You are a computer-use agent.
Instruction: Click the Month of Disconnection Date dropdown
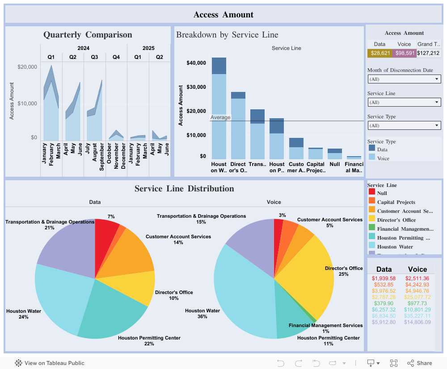pyautogui.click(x=404, y=79)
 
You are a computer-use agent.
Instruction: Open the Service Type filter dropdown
pyautogui.click(x=404, y=125)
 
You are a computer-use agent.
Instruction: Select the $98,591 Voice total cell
pyautogui.click(x=404, y=53)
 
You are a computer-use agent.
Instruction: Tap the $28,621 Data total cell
pyautogui.click(x=380, y=53)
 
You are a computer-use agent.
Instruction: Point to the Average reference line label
pyautogui.click(x=221, y=117)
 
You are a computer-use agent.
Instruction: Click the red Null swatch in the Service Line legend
pyautogui.click(x=372, y=192)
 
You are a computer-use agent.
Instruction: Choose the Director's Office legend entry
pyautogui.click(x=396, y=220)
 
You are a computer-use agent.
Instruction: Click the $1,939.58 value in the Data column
pyautogui.click(x=384, y=278)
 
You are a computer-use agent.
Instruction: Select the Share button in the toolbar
pyautogui.click(x=419, y=363)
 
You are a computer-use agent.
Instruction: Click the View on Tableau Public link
pyautogui.click(x=50, y=363)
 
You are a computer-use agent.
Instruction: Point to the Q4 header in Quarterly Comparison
pyautogui.click(x=116, y=57)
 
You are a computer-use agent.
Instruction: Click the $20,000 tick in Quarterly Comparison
pyautogui.click(x=27, y=67)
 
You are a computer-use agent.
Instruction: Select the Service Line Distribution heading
pyautogui.click(x=184, y=189)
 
